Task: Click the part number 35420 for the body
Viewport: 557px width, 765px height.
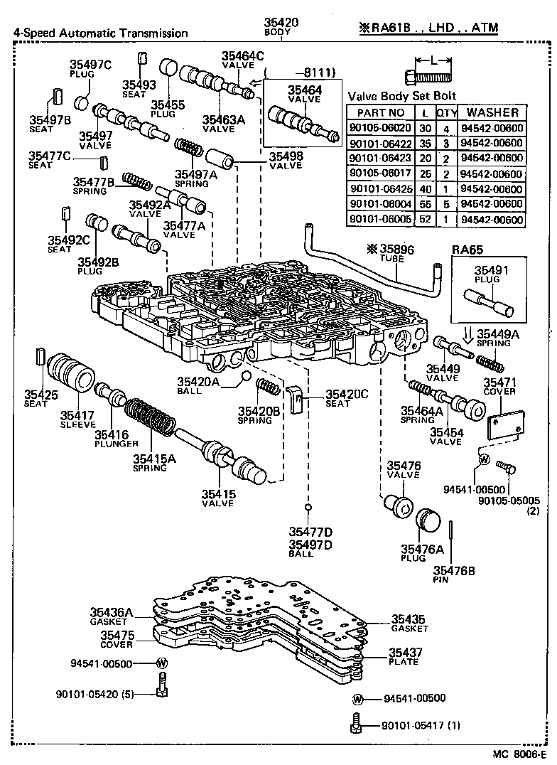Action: point(281,23)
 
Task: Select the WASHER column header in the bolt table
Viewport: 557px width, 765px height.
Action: point(492,112)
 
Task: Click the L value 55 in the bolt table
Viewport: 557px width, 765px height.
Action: point(424,205)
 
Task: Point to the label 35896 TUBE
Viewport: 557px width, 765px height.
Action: point(389,250)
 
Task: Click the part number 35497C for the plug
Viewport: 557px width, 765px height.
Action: point(90,65)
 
